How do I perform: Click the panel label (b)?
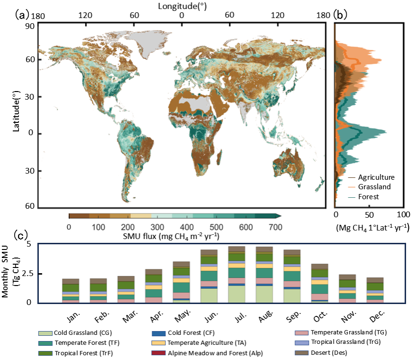pyautogui.click(x=340, y=14)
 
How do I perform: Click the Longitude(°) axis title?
pyautogui.click(x=182, y=6)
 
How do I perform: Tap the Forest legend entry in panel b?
pyautogui.click(x=368, y=196)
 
